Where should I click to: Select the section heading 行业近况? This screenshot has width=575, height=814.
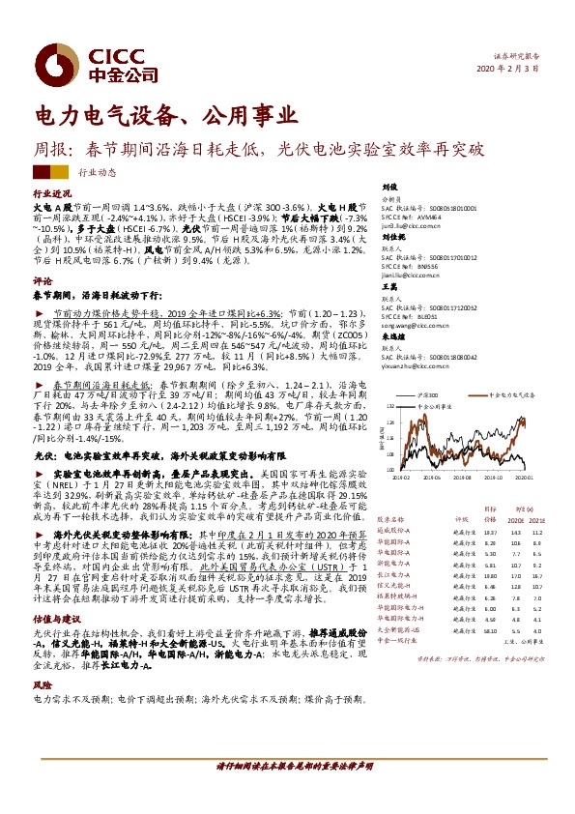click(51, 193)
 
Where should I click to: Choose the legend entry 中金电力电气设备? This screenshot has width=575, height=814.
click(504, 395)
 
